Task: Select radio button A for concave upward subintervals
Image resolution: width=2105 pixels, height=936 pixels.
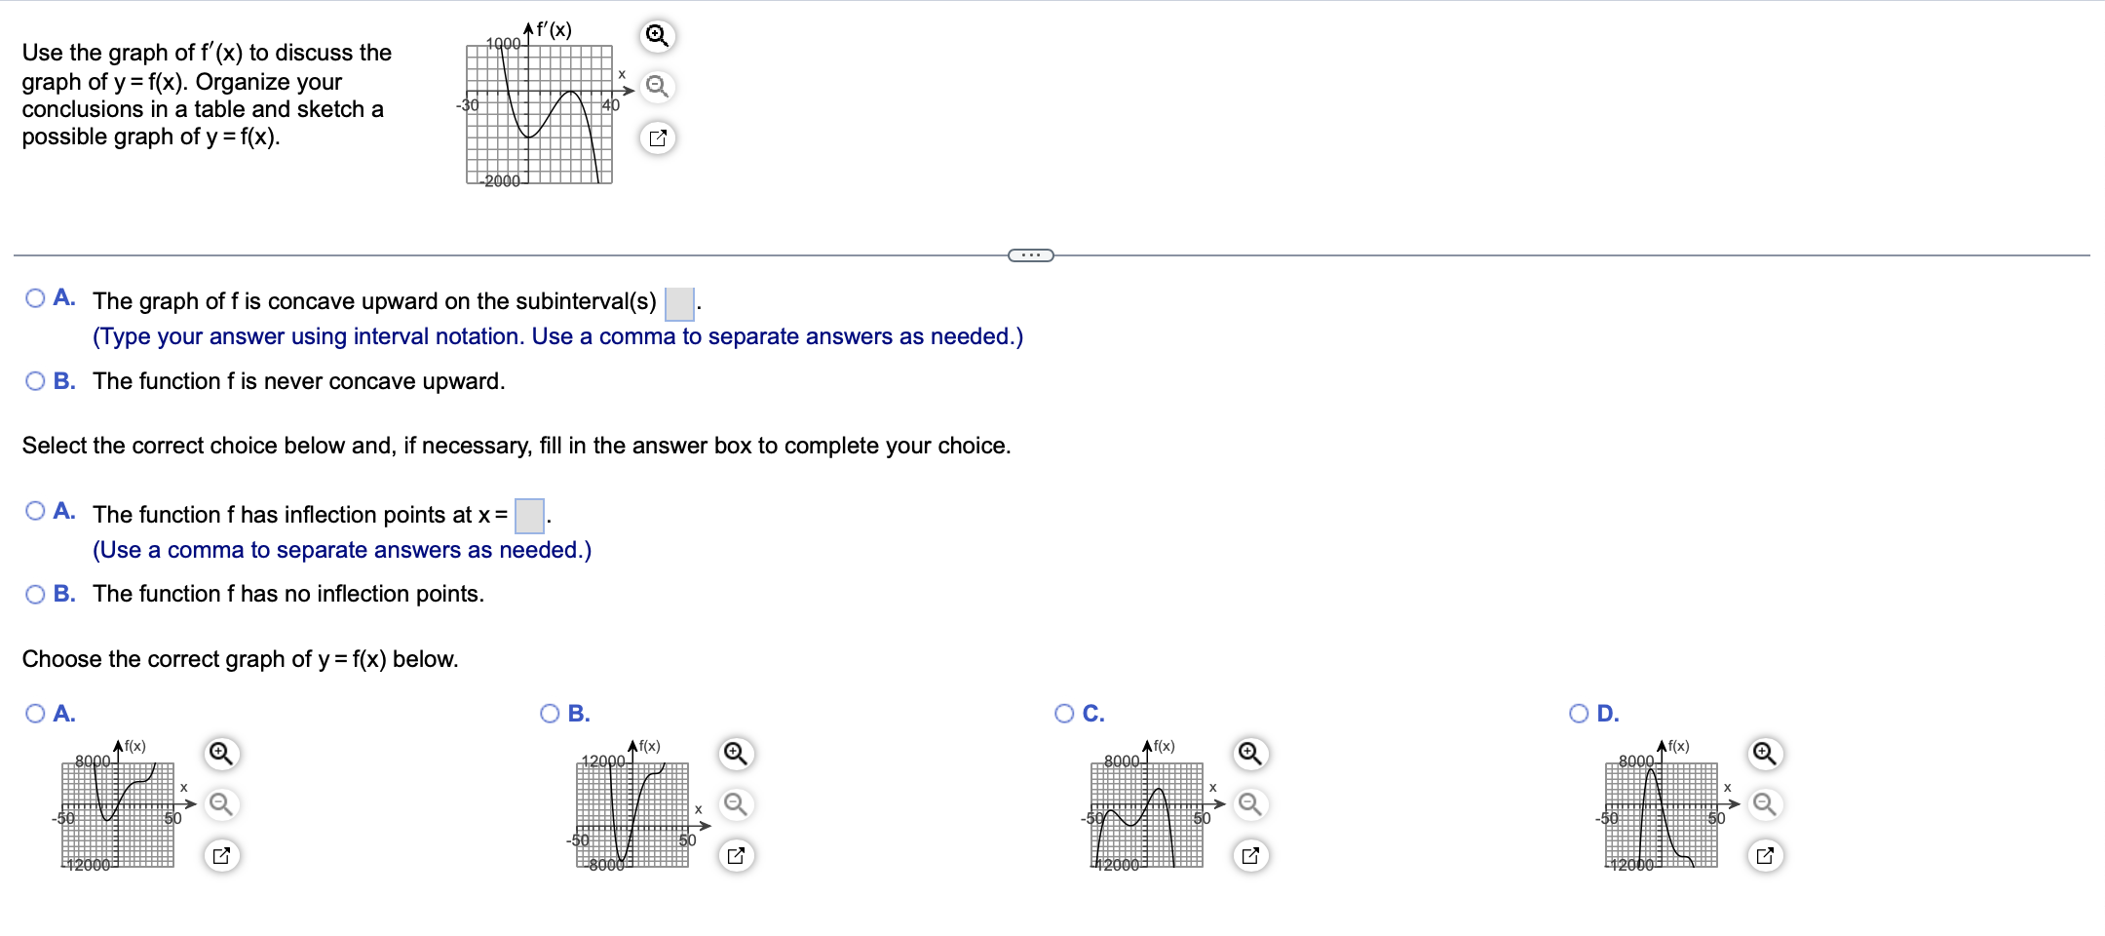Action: pos(36,298)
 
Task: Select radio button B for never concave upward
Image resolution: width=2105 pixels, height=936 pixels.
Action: pos(36,381)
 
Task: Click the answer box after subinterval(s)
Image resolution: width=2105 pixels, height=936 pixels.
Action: pos(679,303)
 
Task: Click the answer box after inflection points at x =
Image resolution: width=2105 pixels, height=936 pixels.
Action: pos(529,516)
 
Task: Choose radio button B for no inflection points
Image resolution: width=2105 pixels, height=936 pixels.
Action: pos(36,595)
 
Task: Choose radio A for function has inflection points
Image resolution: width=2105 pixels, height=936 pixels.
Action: pos(36,511)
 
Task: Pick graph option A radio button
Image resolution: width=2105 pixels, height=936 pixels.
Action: pos(36,714)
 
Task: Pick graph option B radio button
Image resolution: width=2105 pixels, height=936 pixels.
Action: pos(551,714)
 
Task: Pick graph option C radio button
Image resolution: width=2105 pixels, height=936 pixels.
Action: pos(1065,714)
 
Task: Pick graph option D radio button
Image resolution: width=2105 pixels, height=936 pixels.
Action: pos(1580,714)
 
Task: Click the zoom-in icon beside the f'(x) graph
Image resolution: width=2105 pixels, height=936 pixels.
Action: pos(658,36)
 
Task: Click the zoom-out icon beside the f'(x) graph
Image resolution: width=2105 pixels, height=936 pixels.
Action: pos(658,87)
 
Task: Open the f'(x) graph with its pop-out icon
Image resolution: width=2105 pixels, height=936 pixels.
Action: pos(658,138)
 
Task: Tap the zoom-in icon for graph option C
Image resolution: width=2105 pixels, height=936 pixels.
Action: pos(1250,754)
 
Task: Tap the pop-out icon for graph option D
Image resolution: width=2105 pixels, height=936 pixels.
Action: pos(1765,856)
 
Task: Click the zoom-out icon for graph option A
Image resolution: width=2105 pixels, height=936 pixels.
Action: pos(221,804)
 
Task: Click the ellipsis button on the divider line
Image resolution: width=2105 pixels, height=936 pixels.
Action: pos(1030,255)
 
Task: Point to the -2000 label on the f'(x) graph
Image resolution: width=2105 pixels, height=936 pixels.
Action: pos(502,181)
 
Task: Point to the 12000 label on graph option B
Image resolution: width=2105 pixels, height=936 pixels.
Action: pos(602,760)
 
